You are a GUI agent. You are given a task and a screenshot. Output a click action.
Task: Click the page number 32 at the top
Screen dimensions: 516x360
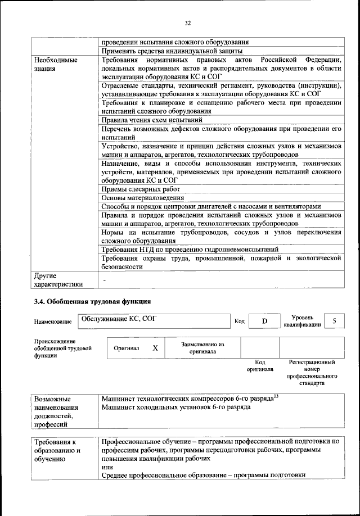pos(188,22)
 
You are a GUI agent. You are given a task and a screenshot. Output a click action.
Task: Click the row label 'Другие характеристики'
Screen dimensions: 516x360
pos(58,280)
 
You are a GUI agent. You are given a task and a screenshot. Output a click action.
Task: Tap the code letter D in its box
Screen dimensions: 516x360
pos(264,321)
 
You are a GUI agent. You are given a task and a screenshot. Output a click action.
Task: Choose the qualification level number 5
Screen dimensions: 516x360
pos(334,321)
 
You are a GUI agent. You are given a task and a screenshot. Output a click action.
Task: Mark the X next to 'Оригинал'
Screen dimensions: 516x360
pos(155,348)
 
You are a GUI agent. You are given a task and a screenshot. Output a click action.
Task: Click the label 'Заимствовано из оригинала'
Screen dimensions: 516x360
pos(202,347)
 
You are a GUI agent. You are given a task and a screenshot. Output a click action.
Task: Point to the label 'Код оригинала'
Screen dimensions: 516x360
pos(260,366)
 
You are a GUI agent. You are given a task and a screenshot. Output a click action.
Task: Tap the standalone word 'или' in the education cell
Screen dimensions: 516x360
pos(107,467)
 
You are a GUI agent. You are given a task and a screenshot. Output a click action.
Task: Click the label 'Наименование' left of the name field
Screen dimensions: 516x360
pos(52,322)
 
